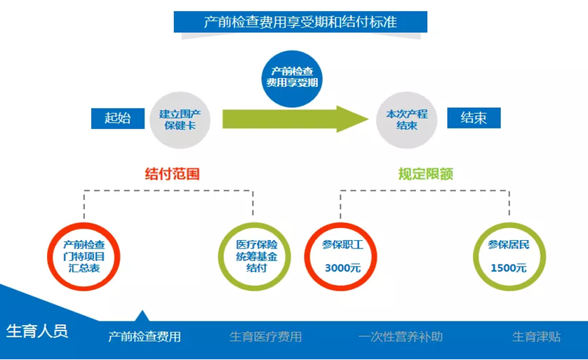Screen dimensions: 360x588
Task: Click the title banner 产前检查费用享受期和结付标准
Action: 300,22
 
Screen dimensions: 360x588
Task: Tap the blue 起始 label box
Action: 117,118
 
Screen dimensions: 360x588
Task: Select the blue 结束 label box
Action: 474,118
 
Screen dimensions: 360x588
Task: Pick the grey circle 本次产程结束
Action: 407,119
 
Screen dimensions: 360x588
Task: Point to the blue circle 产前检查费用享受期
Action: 292,76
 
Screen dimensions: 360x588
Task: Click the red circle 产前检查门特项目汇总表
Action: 84,255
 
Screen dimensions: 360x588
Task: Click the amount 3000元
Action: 342,268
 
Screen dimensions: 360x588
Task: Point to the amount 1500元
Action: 509,268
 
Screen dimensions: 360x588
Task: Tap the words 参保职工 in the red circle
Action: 342,245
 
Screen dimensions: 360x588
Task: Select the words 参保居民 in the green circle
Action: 509,245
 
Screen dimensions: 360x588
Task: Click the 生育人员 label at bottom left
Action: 37,331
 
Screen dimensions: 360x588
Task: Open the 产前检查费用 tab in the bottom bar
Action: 144,337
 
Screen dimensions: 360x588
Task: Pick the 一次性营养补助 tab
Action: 400,337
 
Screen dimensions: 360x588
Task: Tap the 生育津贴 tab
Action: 536,337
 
